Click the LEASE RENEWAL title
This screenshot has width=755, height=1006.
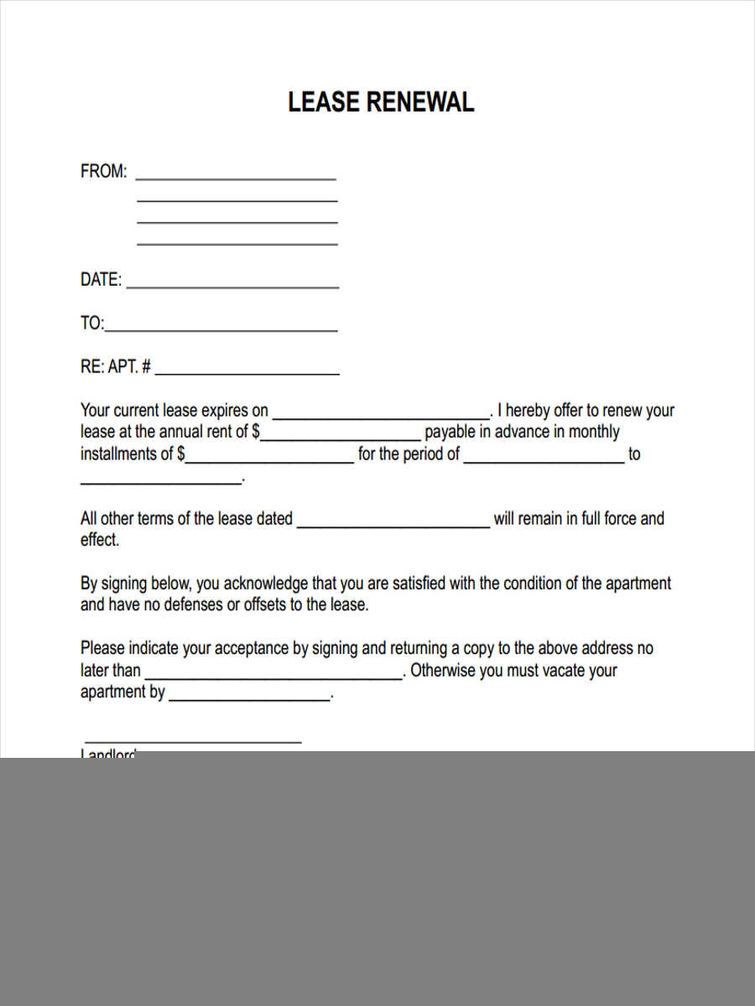pyautogui.click(x=381, y=102)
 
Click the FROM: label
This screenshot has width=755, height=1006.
pyautogui.click(x=104, y=172)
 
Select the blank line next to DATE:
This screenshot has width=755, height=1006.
pyautogui.click(x=232, y=285)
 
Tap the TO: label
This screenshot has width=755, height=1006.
pyautogui.click(x=92, y=324)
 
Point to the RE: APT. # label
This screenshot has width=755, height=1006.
pyautogui.click(x=116, y=367)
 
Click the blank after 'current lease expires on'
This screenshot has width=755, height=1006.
pyautogui.click(x=381, y=415)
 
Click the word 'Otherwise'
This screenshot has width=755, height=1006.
pyautogui.click(x=443, y=671)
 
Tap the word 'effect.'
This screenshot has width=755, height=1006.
pyautogui.click(x=100, y=541)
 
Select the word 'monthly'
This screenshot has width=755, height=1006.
pyautogui.click(x=594, y=433)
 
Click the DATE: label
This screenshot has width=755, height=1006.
pyautogui.click(x=101, y=280)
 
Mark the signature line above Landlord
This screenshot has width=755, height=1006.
pyautogui.click(x=192, y=740)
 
